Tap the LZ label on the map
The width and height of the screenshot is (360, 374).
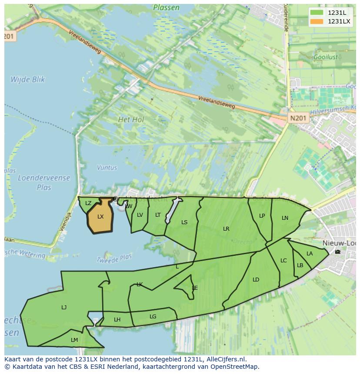tap(88, 203)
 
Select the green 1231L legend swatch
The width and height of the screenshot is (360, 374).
tap(317, 13)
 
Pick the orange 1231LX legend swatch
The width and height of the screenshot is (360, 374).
tap(317, 21)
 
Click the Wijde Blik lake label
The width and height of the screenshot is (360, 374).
tap(28, 79)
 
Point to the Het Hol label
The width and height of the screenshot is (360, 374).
tap(131, 119)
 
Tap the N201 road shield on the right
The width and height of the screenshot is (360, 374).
tap(298, 118)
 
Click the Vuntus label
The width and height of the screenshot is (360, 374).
tap(107, 168)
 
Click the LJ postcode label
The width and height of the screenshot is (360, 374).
tap(64, 308)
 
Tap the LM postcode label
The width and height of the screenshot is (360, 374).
tap(74, 340)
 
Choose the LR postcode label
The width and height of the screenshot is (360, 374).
tap(226, 229)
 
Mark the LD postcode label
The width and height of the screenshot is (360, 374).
tap(256, 280)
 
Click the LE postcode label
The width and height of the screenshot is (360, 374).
tap(195, 288)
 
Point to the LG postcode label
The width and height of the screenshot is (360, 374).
tap(153, 317)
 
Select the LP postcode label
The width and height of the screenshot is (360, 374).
tap(262, 216)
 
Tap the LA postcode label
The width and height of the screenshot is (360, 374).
tap(310, 254)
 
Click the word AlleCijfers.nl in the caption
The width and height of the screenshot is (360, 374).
tap(226, 359)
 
